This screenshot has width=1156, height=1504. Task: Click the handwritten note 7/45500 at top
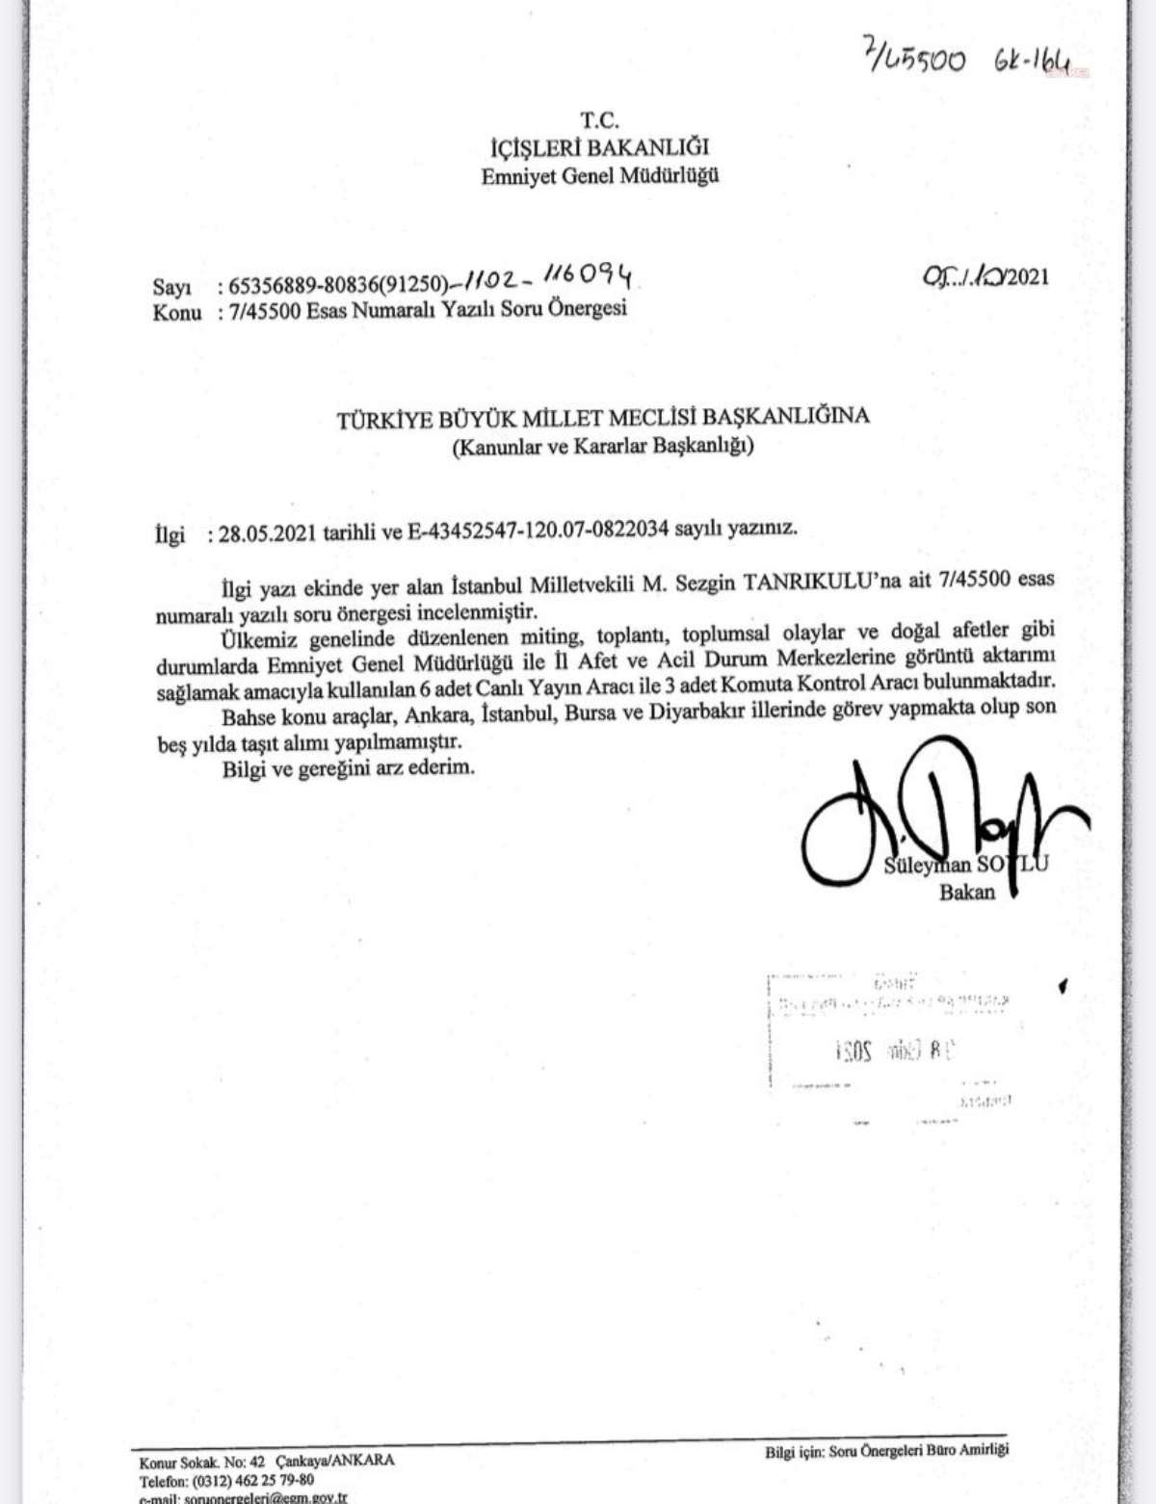[912, 60]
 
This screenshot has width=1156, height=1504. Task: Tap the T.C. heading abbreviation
[600, 121]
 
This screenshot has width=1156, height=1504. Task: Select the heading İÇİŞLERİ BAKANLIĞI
[600, 147]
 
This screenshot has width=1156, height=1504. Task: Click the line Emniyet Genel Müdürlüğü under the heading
[600, 175]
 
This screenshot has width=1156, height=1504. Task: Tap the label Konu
[176, 312]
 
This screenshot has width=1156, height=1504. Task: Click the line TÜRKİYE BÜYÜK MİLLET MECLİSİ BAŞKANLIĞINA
[602, 417]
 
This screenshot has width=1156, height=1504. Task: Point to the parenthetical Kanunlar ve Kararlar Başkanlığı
[602, 446]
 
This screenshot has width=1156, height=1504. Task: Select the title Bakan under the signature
[967, 892]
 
